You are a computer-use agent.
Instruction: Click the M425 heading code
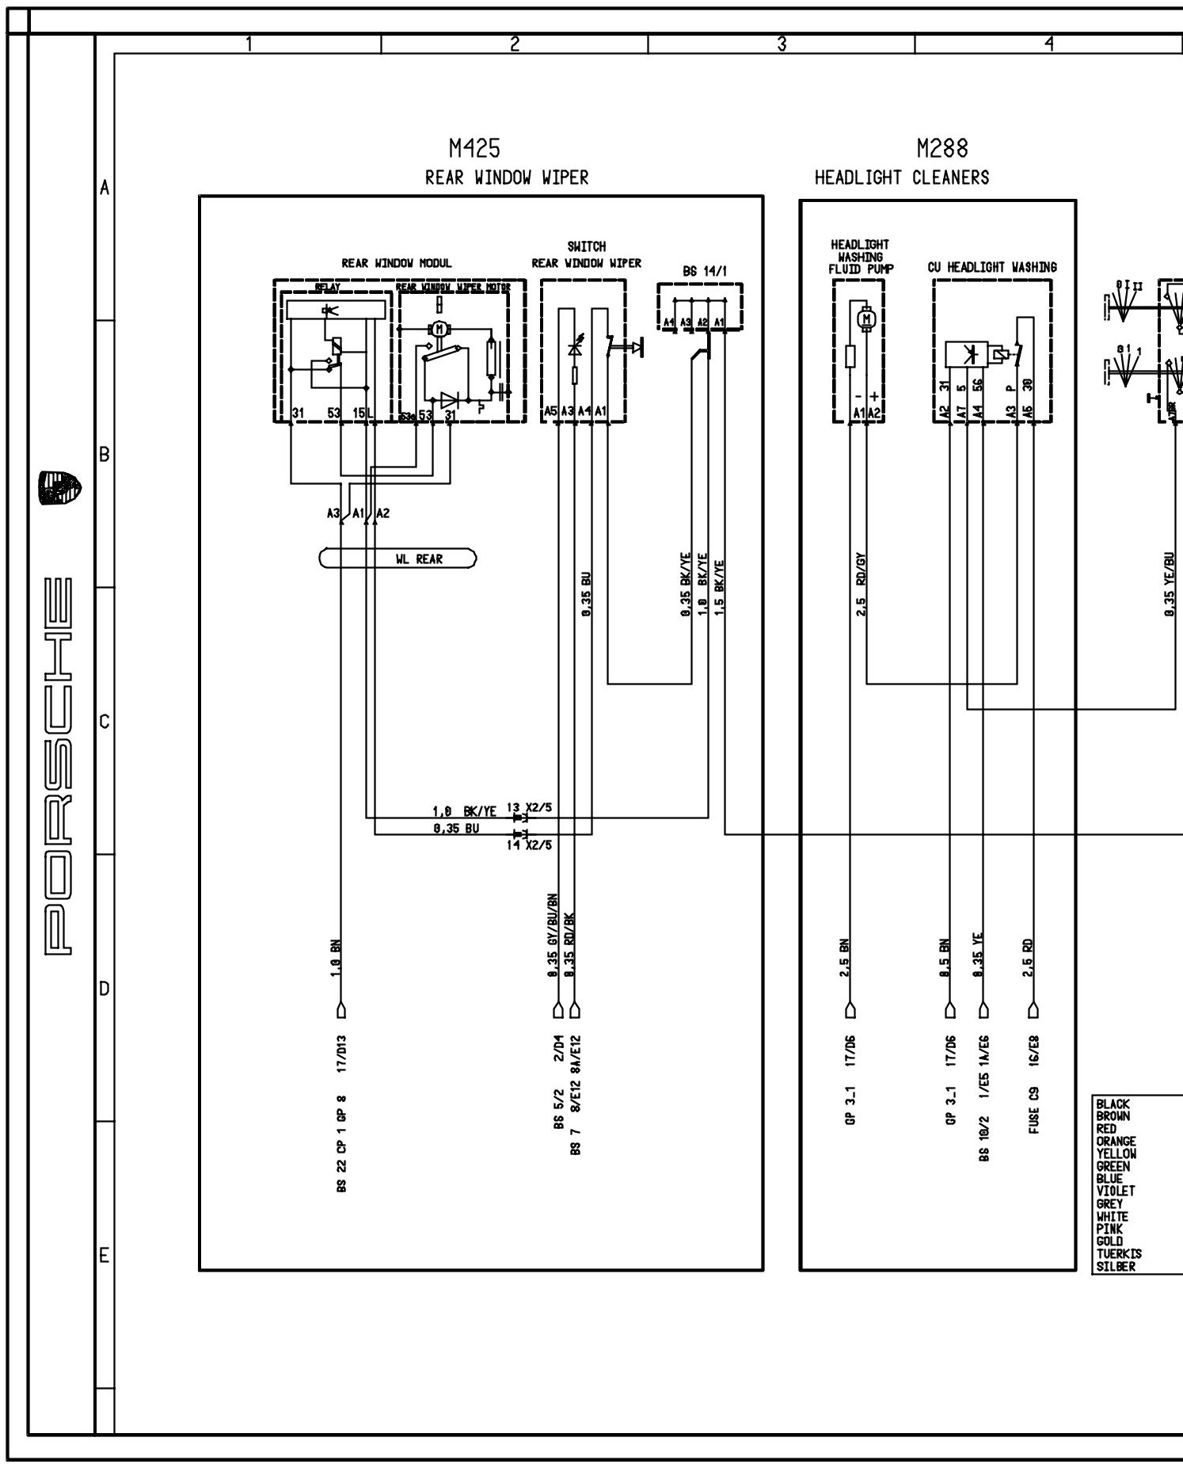coord(474,148)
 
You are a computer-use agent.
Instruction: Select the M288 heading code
coord(942,148)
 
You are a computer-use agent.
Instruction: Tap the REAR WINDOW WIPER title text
coord(507,177)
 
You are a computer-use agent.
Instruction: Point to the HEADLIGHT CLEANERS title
coord(902,177)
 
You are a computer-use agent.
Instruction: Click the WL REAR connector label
coord(419,559)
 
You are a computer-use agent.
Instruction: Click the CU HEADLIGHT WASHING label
coord(992,268)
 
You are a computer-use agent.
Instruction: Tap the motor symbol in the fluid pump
coord(866,318)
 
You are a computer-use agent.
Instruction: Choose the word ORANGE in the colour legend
coord(1116,1142)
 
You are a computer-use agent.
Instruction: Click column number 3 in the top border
coord(781,44)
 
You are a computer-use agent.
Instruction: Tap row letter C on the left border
coord(103,722)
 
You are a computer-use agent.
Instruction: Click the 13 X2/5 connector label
coord(529,808)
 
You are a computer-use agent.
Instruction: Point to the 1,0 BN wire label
coord(336,960)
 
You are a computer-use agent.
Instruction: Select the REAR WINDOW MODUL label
coord(396,263)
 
